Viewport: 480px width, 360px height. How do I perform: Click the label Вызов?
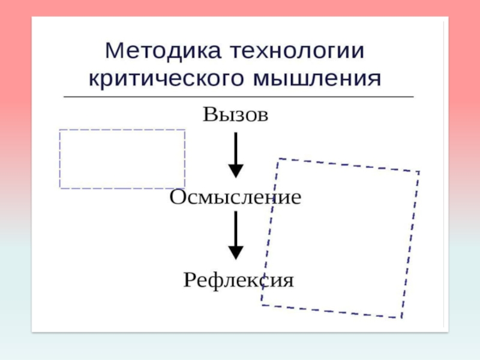(x=235, y=114)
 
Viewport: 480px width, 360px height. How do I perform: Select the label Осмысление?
(x=235, y=197)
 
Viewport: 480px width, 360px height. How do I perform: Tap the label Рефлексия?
(x=238, y=280)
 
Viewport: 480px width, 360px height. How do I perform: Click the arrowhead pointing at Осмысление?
(x=236, y=171)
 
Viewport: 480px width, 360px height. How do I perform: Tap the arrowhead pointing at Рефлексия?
(x=236, y=253)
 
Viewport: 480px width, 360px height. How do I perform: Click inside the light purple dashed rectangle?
(x=122, y=159)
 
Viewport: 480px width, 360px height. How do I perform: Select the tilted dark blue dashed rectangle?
(x=340, y=238)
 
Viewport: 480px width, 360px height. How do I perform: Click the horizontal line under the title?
(x=238, y=97)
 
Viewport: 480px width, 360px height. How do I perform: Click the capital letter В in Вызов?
(x=209, y=114)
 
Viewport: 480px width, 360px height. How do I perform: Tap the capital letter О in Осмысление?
(x=177, y=197)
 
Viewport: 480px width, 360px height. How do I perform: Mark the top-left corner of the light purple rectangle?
(x=60, y=131)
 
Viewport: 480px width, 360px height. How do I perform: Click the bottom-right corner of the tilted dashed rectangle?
(x=401, y=317)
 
